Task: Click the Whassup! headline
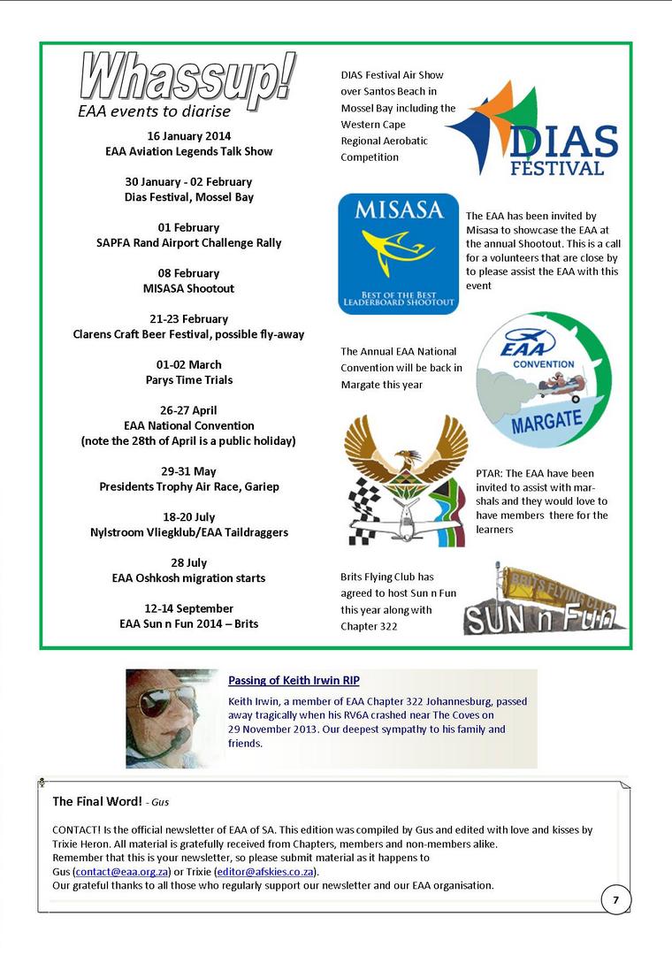187,78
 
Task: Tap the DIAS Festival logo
534,129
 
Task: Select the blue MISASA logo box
398,255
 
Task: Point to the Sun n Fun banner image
545,599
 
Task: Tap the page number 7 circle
615,900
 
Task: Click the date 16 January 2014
189,136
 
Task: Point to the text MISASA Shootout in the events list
189,288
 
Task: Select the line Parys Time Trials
189,379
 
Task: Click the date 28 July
189,562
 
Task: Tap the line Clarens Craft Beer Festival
189,334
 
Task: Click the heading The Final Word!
97,801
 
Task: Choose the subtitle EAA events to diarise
154,111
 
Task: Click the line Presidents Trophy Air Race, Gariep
189,486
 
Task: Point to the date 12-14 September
189,608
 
